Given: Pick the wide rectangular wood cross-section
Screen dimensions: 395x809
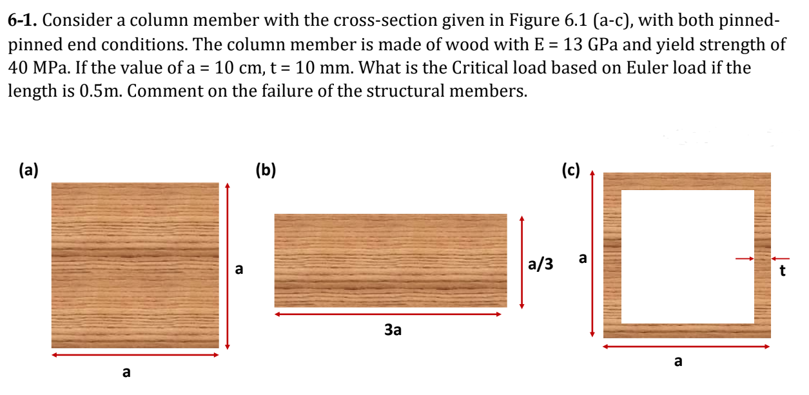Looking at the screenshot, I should pos(391,260).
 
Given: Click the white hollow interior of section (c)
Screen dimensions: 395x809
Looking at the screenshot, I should pos(687,256).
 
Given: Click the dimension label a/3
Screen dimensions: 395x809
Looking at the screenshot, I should pos(540,264).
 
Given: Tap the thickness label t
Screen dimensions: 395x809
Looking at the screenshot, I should pos(783,271).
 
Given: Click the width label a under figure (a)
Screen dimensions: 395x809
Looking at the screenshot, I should pos(126,372).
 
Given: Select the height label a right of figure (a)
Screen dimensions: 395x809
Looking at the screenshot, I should pos(239,268).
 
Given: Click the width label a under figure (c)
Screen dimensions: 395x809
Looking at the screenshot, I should pos(677,361).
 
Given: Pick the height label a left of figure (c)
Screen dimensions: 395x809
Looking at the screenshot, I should pos(582,259).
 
